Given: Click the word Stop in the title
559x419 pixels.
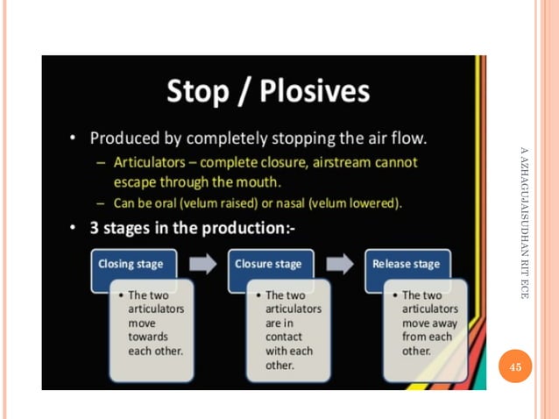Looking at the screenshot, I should pos(200,91).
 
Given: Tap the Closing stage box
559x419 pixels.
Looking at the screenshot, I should pos(131,263).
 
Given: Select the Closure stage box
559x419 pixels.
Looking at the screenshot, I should pos(268,263).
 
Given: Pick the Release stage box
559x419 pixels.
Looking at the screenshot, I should pos(406,263).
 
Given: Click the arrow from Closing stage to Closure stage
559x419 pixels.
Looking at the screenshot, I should pos(202,264).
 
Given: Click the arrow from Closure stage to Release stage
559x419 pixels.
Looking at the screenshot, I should pos(339,264).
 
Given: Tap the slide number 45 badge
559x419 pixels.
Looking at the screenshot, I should pos(515,366).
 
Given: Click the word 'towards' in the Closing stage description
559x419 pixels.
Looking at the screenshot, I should pos(148,337).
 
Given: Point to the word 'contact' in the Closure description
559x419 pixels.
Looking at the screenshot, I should pos(285,337).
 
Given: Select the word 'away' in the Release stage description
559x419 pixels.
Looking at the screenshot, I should pos(442,323).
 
